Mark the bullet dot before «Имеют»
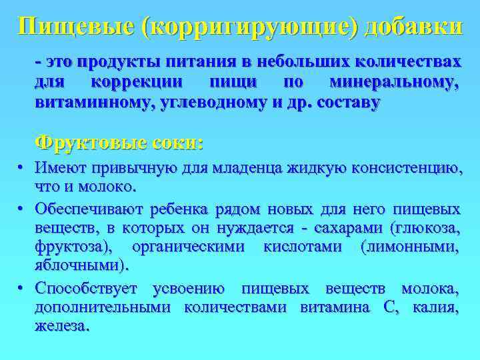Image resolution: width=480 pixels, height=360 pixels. [21, 167]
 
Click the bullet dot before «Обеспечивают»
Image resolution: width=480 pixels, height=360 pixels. [21, 209]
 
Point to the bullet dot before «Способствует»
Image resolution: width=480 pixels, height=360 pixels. [21, 289]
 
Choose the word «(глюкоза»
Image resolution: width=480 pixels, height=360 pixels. [417, 229]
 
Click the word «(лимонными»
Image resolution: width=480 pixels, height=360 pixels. [409, 248]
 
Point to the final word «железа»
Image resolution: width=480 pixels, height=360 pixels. [61, 327]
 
